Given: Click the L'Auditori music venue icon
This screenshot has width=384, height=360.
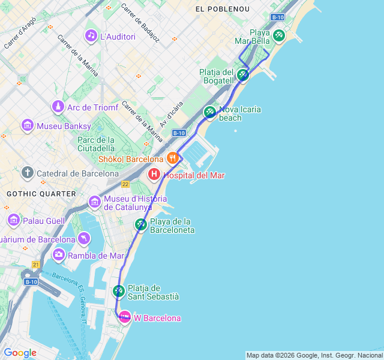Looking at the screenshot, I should coord(91,36).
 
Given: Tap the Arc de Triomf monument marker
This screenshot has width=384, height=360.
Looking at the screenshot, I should coord(58,107).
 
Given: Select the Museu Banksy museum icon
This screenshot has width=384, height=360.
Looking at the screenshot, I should coord(27,126).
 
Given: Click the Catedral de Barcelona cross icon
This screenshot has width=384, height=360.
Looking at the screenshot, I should coord(27,173).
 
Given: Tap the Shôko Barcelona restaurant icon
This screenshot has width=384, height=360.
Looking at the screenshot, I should coord(172,158).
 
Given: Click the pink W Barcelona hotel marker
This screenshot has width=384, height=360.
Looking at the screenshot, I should coord(125,317).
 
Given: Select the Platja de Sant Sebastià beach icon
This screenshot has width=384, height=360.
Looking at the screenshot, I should coord(118,292).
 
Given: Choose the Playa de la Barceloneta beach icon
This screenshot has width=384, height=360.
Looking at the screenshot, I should coord(140,225).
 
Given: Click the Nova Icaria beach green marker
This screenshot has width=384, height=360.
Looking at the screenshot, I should coord(209,112).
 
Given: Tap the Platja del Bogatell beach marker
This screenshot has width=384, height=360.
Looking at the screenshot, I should coord(242,75).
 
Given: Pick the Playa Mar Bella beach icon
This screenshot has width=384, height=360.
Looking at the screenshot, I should coord(278,36).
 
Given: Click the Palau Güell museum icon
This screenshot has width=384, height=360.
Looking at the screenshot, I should coord(13,221).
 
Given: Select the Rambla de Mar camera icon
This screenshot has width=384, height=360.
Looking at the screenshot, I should coord(58,255).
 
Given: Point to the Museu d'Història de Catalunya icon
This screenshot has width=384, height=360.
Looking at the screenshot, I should coord(94,201).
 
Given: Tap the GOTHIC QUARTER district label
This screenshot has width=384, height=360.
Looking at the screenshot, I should coord(41,194).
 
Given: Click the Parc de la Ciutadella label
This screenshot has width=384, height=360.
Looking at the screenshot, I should coord(96,144).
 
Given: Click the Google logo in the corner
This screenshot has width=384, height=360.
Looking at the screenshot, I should coord(20,353).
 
